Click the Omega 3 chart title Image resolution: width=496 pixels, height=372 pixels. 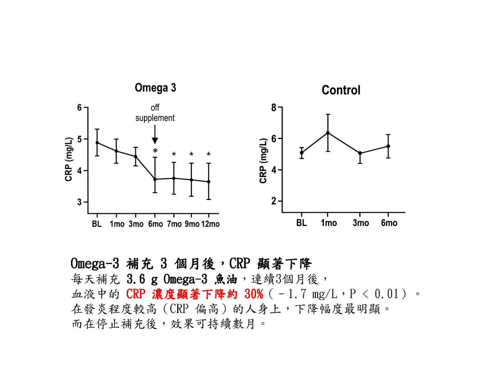point(155,88)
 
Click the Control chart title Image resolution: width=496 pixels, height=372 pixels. point(341,90)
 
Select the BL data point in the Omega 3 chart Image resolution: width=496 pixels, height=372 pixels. point(97,143)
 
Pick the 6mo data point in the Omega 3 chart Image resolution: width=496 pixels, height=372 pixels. point(155,179)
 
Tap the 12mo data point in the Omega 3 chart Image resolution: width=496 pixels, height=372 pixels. point(209,182)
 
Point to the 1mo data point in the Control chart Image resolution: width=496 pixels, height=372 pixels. point(328,133)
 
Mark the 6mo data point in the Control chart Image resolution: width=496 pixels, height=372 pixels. point(388,146)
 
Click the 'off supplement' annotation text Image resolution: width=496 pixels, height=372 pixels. point(155,113)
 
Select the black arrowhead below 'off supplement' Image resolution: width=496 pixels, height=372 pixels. point(155,140)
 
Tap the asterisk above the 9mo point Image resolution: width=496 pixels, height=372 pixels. point(191,154)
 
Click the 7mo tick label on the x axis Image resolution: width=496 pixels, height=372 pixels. point(174,224)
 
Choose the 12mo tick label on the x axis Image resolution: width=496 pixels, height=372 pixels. point(210,224)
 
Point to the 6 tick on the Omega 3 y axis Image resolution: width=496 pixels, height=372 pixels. point(80,108)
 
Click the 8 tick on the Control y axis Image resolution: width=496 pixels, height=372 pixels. point(274,108)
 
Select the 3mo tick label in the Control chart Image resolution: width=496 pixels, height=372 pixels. point(361,223)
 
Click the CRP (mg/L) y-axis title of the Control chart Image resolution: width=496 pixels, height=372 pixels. point(263,161)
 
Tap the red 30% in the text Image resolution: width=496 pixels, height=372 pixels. point(254,294)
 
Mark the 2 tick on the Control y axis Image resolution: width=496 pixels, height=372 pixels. point(274,201)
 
